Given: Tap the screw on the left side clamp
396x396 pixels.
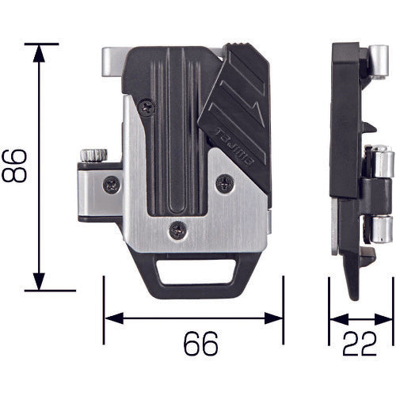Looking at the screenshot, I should point(110,184).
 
